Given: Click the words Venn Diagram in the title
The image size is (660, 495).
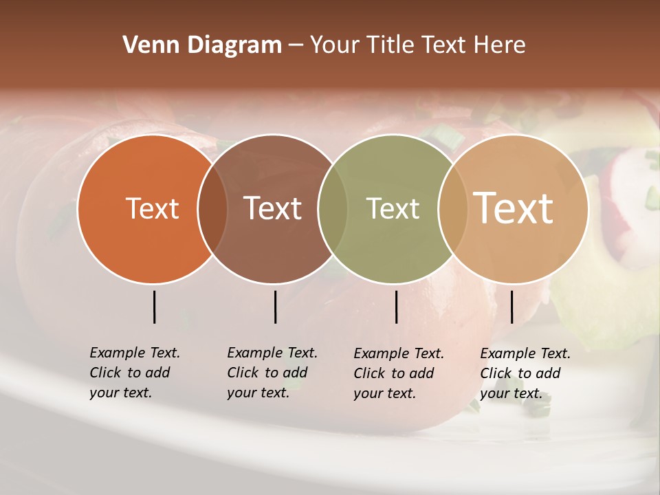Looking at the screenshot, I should [202, 45].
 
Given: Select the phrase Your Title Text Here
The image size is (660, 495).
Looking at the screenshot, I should [417, 45].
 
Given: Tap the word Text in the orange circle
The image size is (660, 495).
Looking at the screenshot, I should [152, 208].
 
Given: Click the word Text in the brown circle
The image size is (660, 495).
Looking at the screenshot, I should [273, 208].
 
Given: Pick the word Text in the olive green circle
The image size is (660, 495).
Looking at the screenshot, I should [393, 208].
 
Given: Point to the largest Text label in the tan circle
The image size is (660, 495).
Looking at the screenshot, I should [514, 208].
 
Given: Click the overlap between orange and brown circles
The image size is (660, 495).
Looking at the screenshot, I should [212, 209].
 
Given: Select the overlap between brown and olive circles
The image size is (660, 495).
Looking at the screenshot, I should [333, 209].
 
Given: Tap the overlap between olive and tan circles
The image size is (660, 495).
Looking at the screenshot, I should [452, 209].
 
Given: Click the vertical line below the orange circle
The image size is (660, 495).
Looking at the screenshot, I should [155, 307].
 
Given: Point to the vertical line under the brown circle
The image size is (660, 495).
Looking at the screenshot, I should [275, 307].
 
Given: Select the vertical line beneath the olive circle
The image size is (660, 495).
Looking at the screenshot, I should [396, 307].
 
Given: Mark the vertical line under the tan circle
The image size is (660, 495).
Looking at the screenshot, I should [511, 307].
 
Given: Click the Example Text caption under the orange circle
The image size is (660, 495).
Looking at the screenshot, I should [135, 373].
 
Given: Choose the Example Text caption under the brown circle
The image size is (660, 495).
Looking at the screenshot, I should [272, 373].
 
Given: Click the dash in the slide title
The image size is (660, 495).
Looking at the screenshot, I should [296, 46].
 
